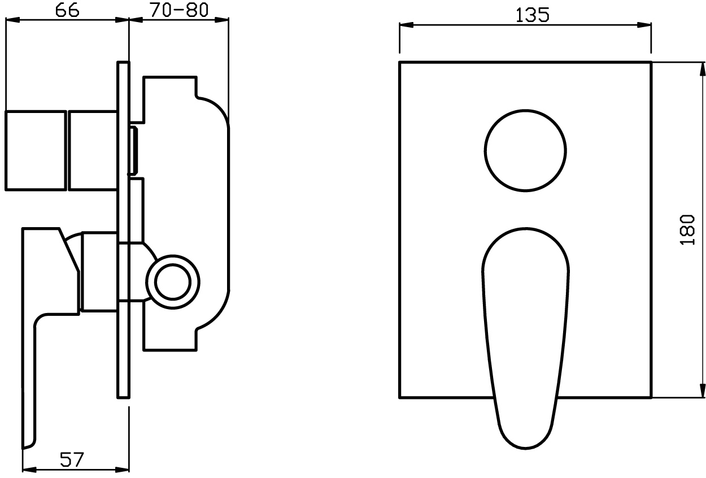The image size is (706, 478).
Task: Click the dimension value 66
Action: [67, 10]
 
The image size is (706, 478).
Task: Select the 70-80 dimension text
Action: [179, 10]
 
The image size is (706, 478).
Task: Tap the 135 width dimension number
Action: [533, 15]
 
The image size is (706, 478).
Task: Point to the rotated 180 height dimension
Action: [687, 229]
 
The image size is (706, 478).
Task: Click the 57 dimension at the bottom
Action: [72, 460]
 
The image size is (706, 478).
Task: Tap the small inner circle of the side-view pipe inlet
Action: [173, 282]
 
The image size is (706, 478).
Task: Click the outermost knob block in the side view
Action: [36, 151]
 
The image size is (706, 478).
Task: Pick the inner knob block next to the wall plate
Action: [93, 151]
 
